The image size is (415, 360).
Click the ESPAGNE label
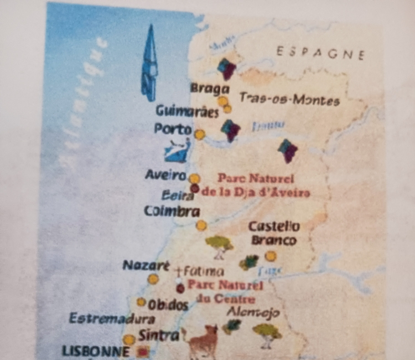320,53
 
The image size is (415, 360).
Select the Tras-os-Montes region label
289,99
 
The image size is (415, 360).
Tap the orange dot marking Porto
200,134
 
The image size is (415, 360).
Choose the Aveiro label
164,176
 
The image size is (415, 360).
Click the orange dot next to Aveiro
194,178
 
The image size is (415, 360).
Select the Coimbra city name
172,211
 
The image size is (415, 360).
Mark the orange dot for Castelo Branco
271,256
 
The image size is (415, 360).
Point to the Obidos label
168,305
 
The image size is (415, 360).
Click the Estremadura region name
112,318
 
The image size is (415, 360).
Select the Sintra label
159,335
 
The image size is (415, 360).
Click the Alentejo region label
253,312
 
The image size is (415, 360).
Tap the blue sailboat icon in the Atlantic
149,63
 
